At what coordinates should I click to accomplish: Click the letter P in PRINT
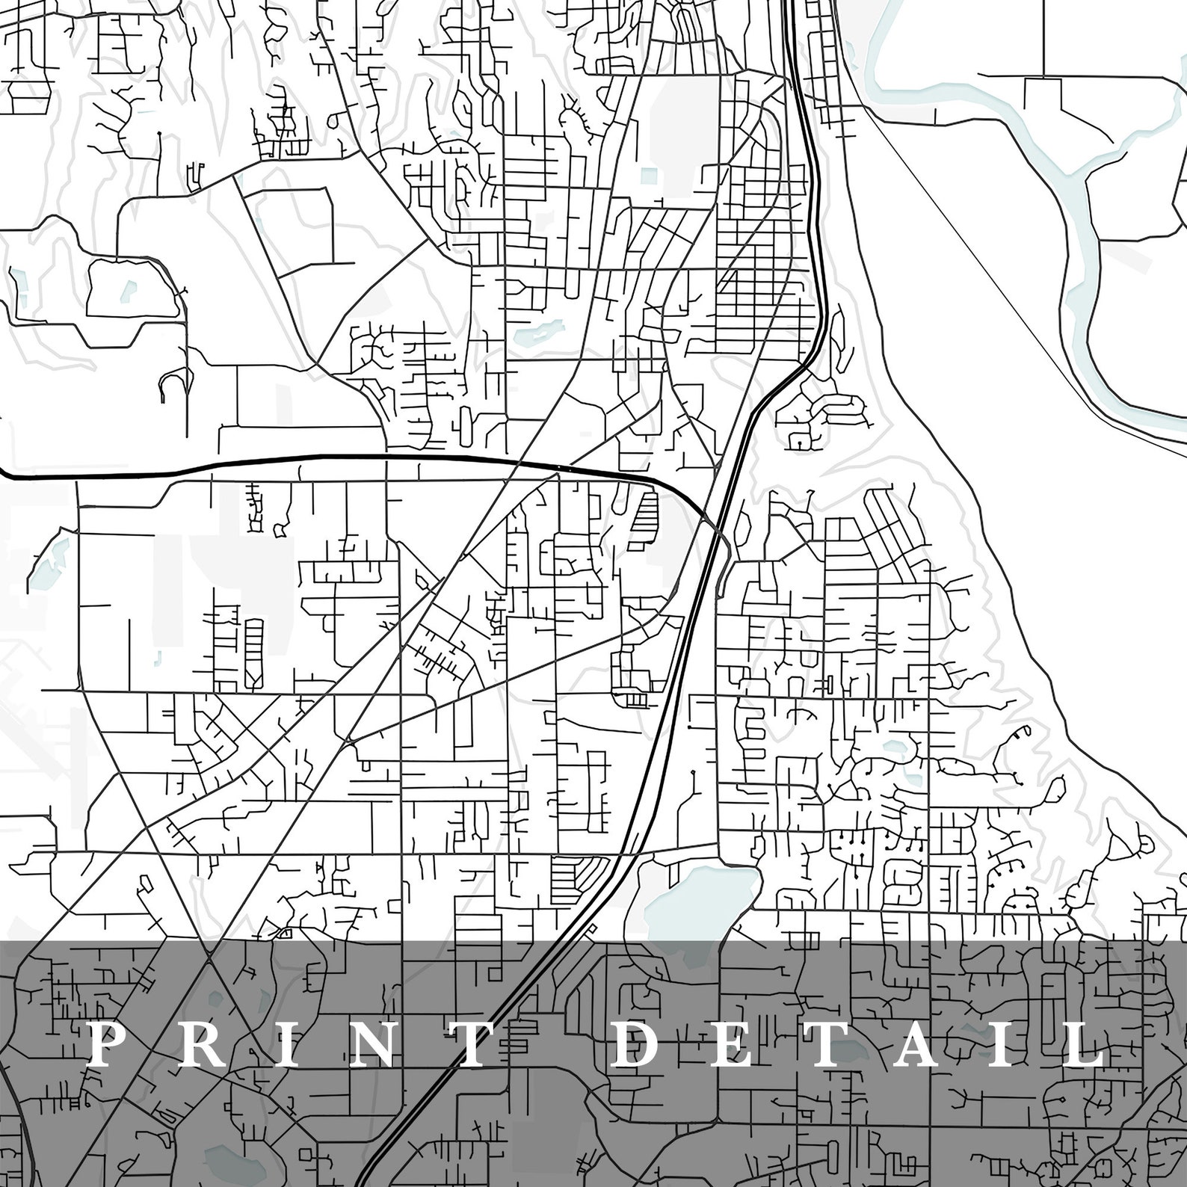coord(109,1045)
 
